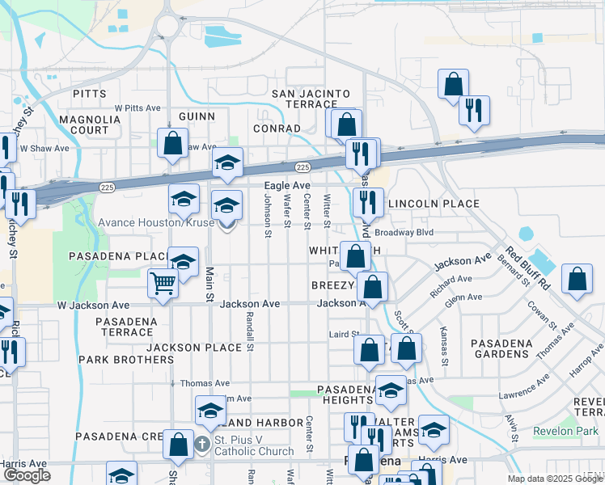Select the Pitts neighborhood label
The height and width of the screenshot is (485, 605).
click(x=89, y=94)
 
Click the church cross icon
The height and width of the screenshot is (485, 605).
click(x=202, y=444)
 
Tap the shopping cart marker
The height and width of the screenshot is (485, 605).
click(x=163, y=284)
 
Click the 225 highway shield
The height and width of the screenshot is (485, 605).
click(x=302, y=167)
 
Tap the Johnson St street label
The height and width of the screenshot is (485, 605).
click(x=267, y=216)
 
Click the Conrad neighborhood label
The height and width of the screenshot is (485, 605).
click(x=277, y=129)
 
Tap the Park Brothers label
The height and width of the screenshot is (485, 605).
click(x=116, y=359)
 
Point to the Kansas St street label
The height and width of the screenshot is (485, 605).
click(x=443, y=338)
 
